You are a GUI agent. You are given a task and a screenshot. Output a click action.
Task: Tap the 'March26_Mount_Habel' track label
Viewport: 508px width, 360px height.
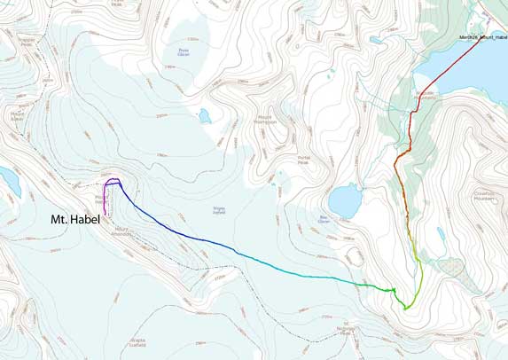click(x=483, y=37)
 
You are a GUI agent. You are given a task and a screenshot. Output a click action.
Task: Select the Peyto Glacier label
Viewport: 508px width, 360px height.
click(x=184, y=52)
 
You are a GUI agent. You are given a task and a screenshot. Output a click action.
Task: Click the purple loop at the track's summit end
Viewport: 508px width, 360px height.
click(x=112, y=183)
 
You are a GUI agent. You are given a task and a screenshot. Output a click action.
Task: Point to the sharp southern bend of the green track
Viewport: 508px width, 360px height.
click(x=406, y=307)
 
